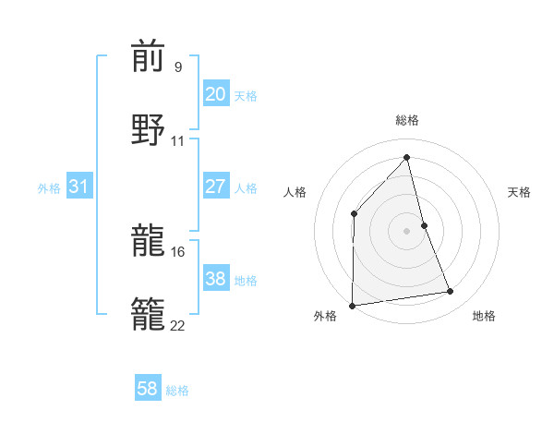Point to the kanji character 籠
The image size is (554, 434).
(148, 314)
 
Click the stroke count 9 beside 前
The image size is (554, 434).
(178, 68)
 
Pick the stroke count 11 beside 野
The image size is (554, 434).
(178, 140)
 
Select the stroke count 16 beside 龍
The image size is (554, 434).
(178, 251)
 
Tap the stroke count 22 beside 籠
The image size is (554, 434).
(178, 324)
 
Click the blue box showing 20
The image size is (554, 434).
(215, 94)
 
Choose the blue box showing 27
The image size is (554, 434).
(215, 187)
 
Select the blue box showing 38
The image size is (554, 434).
(215, 279)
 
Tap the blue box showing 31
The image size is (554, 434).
(78, 187)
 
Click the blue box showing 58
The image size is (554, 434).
(148, 389)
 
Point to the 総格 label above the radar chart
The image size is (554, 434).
(407, 121)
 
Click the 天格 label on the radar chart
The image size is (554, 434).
(519, 192)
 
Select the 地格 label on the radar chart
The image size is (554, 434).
(484, 317)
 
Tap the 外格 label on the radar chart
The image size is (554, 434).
(325, 317)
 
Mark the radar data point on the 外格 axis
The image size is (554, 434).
(352, 306)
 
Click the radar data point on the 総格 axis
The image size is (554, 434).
(406, 158)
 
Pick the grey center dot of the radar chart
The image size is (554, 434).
(406, 231)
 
